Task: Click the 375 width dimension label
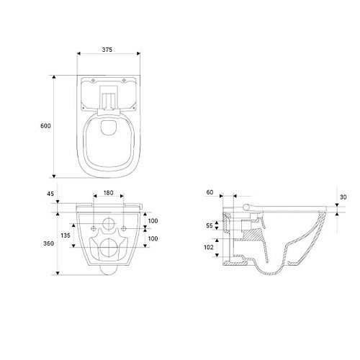[107, 50]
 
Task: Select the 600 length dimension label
[45, 126]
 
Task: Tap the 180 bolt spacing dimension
[108, 193]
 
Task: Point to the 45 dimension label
[50, 194]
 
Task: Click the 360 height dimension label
[48, 243]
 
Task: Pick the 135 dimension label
[66, 235]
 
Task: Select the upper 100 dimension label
[153, 221]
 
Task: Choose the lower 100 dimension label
[153, 238]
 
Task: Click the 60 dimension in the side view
[210, 192]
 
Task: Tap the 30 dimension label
[343, 197]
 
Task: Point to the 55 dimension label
[210, 225]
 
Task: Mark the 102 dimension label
[209, 247]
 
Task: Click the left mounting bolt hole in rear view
[94, 228]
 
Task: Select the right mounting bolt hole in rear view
[123, 228]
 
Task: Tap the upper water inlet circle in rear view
[109, 223]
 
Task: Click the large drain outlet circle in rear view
[109, 248]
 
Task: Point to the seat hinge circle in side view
[246, 207]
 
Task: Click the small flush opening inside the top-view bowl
[109, 127]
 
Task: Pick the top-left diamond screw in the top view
[94, 80]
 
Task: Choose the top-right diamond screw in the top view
[124, 80]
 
